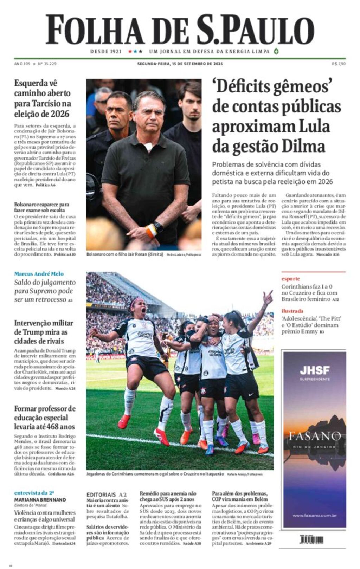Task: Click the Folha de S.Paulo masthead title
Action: pyautogui.click(x=180, y=30)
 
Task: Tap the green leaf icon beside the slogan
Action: pyautogui.click(x=276, y=51)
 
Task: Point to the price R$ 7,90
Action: pyautogui.click(x=339, y=64)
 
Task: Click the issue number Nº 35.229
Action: pyautogui.click(x=47, y=64)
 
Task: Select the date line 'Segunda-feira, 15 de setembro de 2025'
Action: pyautogui.click(x=180, y=64)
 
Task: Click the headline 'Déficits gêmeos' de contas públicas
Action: pyautogui.click(x=276, y=116)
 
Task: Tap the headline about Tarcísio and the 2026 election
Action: pyautogui.click(x=43, y=98)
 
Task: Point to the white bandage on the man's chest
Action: pyautogui.click(x=149, y=146)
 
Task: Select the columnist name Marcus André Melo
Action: pyautogui.click(x=39, y=274)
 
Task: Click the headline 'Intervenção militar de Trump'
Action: pyautogui.click(x=44, y=332)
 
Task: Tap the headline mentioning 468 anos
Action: pyautogui.click(x=45, y=418)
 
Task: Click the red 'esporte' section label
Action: pyautogui.click(x=291, y=279)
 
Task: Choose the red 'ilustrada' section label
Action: pyautogui.click(x=292, y=311)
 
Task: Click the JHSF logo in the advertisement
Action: pyautogui.click(x=315, y=370)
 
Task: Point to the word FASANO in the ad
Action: pyautogui.click(x=315, y=437)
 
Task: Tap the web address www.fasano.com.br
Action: pyautogui.click(x=315, y=516)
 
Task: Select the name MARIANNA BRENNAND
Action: pyautogui.click(x=40, y=499)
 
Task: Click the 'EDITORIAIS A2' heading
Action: pyautogui.click(x=107, y=494)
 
